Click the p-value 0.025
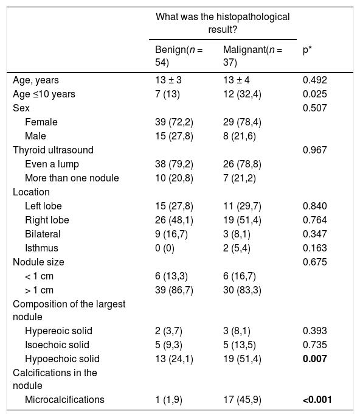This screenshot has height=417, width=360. pyautogui.click(x=315, y=94)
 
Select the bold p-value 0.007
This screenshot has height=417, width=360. pyautogui.click(x=315, y=359)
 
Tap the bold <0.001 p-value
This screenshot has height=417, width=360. pyautogui.click(x=317, y=399)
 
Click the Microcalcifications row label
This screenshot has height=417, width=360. pyautogui.click(x=64, y=399)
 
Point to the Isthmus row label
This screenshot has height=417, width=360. pyautogui.click(x=41, y=248)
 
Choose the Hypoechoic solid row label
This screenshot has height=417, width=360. pyautogui.click(x=62, y=359)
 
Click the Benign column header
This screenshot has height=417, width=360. pyautogui.click(x=179, y=56)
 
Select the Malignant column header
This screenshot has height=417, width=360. pyautogui.click(x=252, y=56)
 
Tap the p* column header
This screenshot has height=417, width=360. pyautogui.click(x=307, y=51)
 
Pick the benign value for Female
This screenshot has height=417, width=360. pyautogui.click(x=174, y=122)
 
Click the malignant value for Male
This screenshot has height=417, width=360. pyautogui.click(x=240, y=136)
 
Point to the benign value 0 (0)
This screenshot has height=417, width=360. pyautogui.click(x=165, y=248)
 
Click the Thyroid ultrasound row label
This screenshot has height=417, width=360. pyautogui.click(x=53, y=150)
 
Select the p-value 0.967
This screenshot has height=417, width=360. pyautogui.click(x=315, y=150)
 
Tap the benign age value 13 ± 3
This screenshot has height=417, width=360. pyautogui.click(x=168, y=80)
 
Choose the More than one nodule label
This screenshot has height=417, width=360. pyautogui.click(x=72, y=178)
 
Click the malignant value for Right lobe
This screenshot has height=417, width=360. pyautogui.click(x=242, y=220)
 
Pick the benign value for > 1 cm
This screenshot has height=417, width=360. pyautogui.click(x=174, y=290)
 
